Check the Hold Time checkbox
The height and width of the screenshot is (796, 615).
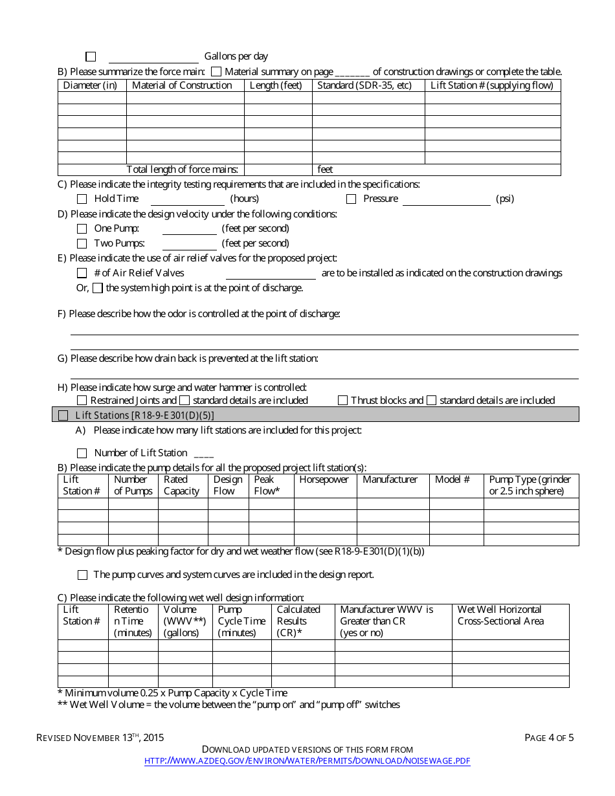(82, 199)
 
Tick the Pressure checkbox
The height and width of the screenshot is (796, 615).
(351, 199)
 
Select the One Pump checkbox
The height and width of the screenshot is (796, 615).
(82, 228)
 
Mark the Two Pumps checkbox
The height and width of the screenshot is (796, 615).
(82, 244)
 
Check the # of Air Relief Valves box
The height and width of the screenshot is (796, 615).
(82, 273)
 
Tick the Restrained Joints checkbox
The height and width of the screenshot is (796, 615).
(82, 401)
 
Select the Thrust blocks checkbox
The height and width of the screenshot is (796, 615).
(342, 401)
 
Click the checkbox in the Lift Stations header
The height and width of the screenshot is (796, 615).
(63, 415)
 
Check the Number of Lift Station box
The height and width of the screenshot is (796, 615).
(82, 453)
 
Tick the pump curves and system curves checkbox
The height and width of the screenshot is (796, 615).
(82, 575)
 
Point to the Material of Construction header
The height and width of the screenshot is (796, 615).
(182, 85)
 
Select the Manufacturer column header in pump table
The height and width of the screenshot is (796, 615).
(390, 480)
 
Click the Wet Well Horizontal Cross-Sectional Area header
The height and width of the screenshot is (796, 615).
(500, 615)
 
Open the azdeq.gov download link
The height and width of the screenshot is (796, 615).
(307, 761)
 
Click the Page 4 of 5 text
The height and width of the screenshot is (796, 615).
(549, 738)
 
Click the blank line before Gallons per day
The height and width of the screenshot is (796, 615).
(153, 57)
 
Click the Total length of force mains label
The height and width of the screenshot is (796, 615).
(182, 170)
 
